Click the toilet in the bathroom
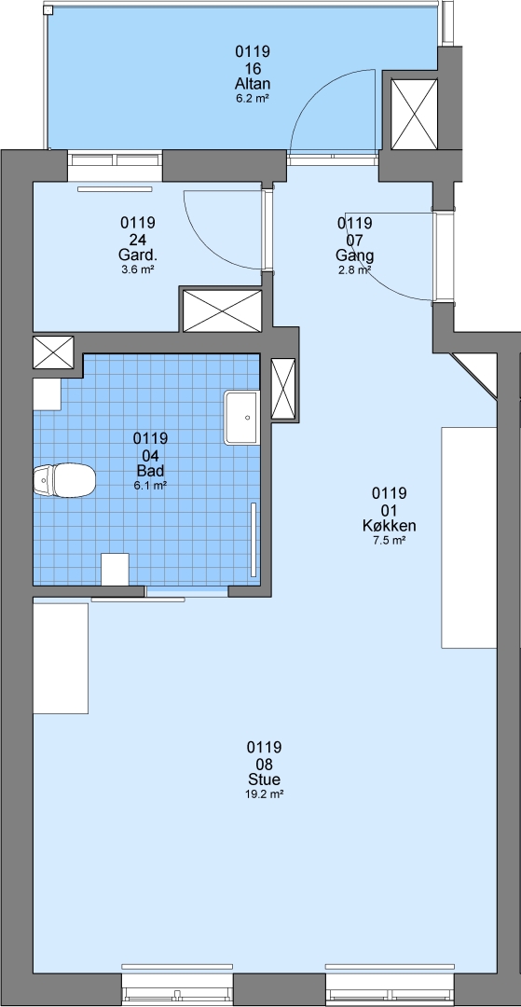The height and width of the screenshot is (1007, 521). coord(64,480)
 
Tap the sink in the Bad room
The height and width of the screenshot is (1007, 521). coord(242,418)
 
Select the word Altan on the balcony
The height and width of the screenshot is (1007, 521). coord(253,84)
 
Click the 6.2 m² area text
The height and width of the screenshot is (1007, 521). coord(253,99)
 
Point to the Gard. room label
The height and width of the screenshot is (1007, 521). coord(137,255)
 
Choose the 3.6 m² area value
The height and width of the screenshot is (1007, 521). coord(137,270)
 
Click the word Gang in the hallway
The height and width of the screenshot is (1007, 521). coord(355,255)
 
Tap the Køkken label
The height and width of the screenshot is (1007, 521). coord(389,526)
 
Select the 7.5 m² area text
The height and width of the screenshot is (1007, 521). coord(389,541)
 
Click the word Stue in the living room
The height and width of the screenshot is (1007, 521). coord(265,780)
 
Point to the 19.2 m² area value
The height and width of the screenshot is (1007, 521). coord(265,794)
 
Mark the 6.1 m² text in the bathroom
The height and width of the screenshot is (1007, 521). coord(150,486)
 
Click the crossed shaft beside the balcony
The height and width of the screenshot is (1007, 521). coord(415,115)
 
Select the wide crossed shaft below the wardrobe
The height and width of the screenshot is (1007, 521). coord(223,310)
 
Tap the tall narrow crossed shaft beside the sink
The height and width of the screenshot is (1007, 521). coord(283,389)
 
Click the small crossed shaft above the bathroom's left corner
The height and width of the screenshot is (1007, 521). coord(53,352)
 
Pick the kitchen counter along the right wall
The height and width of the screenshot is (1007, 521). coord(469,537)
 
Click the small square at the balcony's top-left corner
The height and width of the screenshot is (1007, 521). coord(48,11)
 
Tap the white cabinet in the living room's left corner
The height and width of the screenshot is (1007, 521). coord(61,658)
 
